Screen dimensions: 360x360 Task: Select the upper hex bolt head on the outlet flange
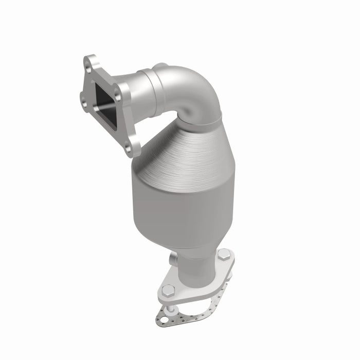(223, 256)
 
